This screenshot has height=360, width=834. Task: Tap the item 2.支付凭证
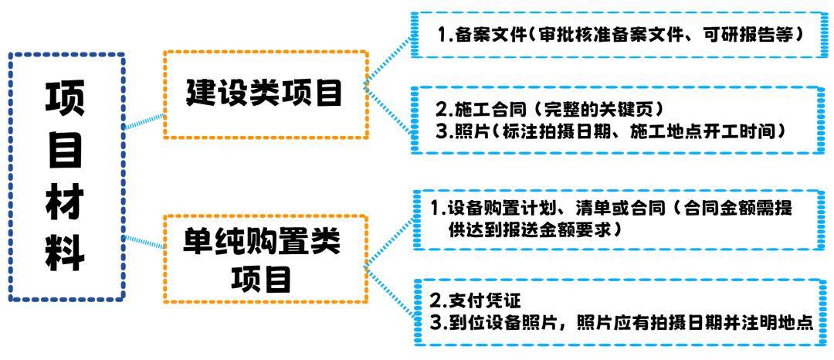[x=474, y=301]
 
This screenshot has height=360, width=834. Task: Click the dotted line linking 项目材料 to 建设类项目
[x=144, y=121]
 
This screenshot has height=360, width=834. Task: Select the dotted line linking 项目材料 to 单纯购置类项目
[x=144, y=241]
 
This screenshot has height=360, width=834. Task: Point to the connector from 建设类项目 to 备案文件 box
[x=388, y=59]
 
